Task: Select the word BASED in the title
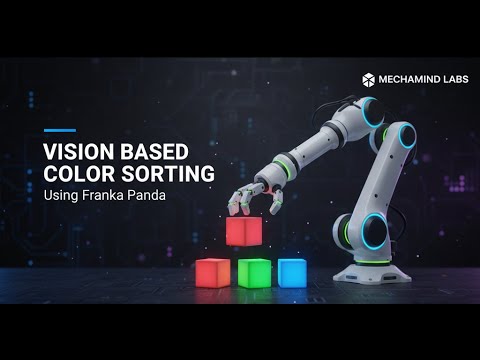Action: (x=151, y=151)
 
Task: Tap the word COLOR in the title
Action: (x=75, y=172)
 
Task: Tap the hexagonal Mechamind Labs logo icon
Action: (x=368, y=79)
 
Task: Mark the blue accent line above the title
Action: (x=59, y=130)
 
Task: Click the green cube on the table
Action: (x=254, y=272)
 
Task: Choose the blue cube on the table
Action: (x=292, y=272)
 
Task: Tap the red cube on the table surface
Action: (x=212, y=272)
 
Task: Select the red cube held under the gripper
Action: (x=243, y=231)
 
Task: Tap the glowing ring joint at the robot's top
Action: (x=373, y=111)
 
